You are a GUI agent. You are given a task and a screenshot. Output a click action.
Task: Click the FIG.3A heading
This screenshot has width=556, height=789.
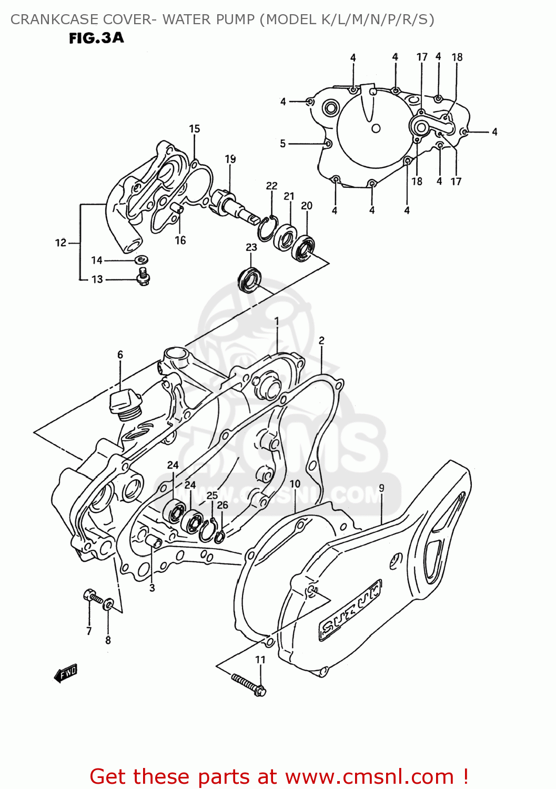pos(96,38)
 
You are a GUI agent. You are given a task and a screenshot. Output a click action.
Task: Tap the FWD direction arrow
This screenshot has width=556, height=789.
pos(66,673)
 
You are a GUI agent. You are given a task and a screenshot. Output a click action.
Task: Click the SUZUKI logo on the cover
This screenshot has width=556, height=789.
pos(350,610)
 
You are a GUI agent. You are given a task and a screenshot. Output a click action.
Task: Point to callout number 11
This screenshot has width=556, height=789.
pos(260,660)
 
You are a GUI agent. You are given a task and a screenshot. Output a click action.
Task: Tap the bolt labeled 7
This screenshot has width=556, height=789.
pos(92,596)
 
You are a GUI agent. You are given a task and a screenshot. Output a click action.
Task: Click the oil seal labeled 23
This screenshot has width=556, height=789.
pos(250,279)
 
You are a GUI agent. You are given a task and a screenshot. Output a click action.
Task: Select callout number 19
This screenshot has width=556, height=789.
pos(230,159)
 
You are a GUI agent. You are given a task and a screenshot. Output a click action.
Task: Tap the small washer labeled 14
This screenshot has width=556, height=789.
pos(141,260)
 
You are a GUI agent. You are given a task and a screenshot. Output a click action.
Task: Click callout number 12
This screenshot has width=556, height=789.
pos(60,242)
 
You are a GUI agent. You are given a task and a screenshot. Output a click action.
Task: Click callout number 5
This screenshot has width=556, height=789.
pos(283,143)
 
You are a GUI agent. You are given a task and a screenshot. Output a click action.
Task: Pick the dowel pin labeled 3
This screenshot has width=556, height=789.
pos(153,542)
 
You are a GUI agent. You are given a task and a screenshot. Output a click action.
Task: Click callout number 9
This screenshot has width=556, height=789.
pos(381,488)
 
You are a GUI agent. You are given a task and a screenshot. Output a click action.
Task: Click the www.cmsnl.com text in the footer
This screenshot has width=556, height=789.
pos(370,776)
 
